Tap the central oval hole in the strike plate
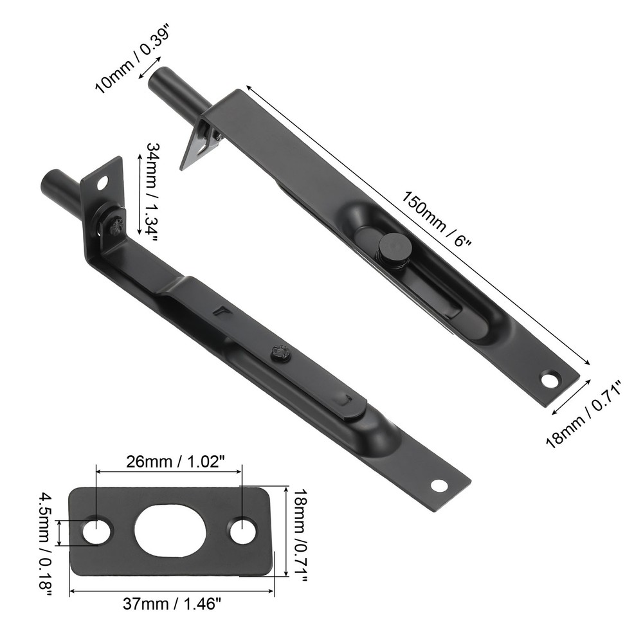coord(172,531)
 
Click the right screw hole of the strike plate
coord(242,531)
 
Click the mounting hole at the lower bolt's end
coord(439,485)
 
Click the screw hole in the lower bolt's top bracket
coord(102,184)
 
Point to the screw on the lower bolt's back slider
coord(278,352)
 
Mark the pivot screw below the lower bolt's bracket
coord(116,225)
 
